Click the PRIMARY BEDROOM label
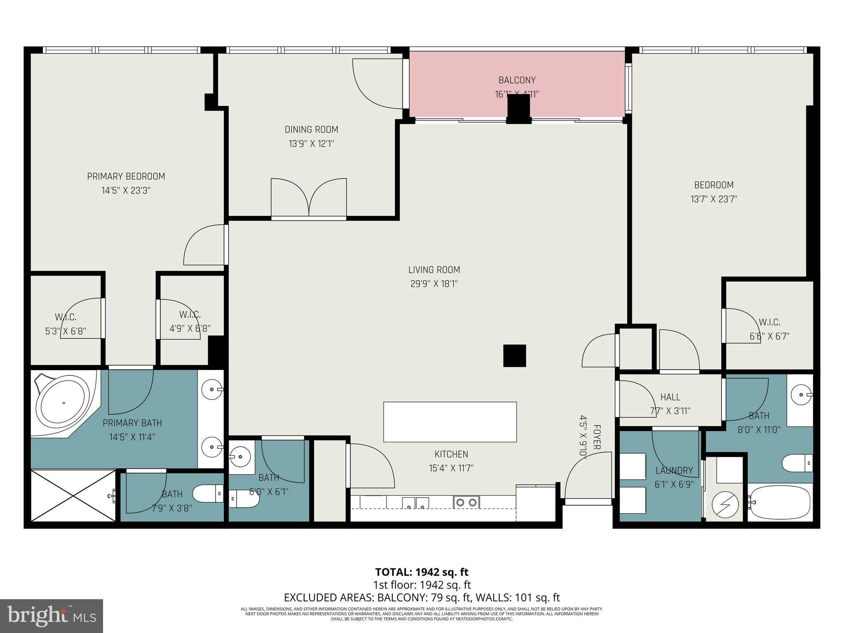pos(126,176)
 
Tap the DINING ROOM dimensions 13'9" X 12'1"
pos(311,144)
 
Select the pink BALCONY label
pos(517,80)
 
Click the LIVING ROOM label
pos(434,270)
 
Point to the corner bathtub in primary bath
pos(63,402)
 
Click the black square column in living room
pos(514,356)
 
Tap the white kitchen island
pos(450,422)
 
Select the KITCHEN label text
pos(451,454)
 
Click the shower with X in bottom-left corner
pos(73,496)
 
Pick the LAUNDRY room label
pos(674,470)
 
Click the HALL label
pos(670,397)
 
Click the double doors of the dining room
pos(309,198)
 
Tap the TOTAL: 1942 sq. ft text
pos(422,572)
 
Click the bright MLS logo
pos(52,616)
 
